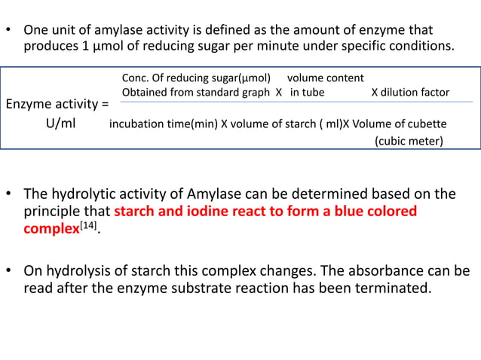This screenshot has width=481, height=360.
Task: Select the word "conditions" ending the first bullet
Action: coord(418,47)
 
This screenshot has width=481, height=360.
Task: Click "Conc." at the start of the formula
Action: coord(134,78)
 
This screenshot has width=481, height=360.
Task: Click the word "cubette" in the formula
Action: coord(428,124)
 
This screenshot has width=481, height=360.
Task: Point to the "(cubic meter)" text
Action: coord(409,141)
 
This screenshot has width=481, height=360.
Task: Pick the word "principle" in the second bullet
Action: coord(53,211)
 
